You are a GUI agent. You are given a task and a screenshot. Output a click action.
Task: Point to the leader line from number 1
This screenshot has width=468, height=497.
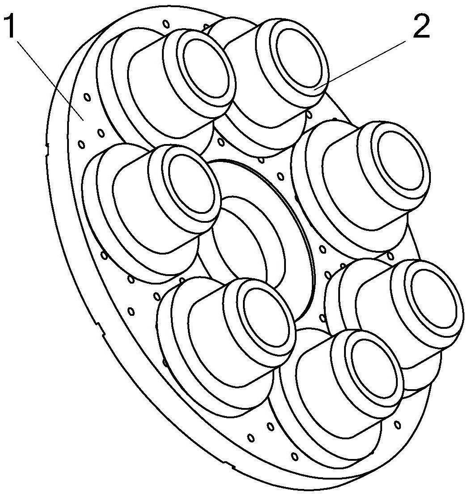[49, 76]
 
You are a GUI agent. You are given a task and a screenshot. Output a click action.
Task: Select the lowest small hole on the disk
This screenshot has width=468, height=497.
[294, 456]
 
